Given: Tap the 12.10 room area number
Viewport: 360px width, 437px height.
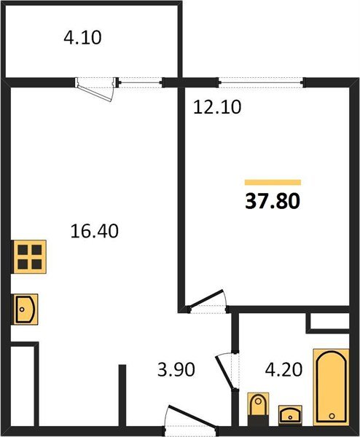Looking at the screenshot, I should tap(217, 107).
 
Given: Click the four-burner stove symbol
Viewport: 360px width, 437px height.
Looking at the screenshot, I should tap(28, 258).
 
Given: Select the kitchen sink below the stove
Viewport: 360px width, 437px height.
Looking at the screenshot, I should tap(26, 309).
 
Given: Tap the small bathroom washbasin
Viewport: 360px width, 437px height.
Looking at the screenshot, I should tap(291, 414).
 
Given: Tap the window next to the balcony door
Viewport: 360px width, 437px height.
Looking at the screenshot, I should tap(140, 81).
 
